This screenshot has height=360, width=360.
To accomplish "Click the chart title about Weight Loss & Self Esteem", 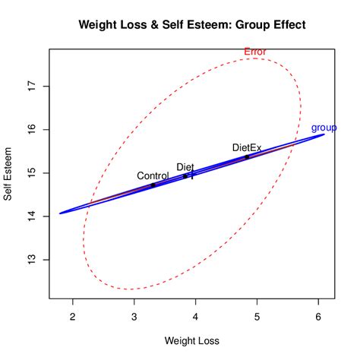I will pos(192,25).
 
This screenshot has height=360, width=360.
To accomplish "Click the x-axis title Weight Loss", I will pos(192,342).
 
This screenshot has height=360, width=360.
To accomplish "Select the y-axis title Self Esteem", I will pos(8,173).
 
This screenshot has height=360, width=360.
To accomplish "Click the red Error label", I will pos(255,52).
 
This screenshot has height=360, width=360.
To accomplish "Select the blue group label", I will pos(324,128).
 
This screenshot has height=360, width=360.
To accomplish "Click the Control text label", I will pos(153,175).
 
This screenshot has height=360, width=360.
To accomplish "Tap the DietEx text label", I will pos(247,147).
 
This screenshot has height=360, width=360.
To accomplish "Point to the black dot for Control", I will pos(153,185).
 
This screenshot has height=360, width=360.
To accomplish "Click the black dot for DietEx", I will pos(247,156).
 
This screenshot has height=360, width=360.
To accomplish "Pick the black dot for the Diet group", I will pos(185,175).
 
